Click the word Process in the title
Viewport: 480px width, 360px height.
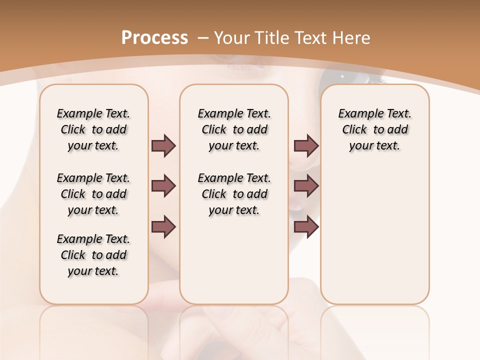tap(154, 38)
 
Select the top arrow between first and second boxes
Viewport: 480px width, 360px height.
tap(163, 145)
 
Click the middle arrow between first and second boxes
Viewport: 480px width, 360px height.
tap(163, 186)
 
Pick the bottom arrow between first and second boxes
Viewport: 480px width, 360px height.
tap(163, 227)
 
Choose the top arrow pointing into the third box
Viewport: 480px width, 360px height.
tap(306, 145)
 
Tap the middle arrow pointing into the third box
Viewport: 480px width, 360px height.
tap(306, 186)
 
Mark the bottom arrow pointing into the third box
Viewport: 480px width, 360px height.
tap(306, 227)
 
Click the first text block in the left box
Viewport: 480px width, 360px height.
tap(93, 129)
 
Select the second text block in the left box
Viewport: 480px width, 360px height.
tap(93, 194)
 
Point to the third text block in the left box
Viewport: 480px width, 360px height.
tap(93, 255)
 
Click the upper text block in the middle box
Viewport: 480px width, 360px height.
tap(234, 129)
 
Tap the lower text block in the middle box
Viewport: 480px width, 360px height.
tap(234, 194)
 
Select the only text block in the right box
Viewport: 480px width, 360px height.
tap(374, 129)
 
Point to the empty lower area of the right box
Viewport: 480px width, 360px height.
tap(374, 235)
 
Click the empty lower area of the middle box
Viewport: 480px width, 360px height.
tap(234, 260)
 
